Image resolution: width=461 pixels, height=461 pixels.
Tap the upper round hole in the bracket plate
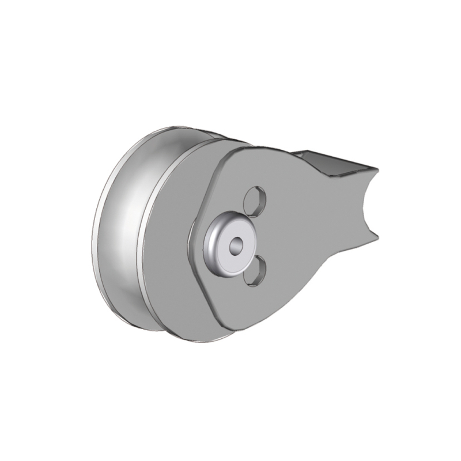254,201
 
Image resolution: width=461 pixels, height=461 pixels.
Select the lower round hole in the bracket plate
254,271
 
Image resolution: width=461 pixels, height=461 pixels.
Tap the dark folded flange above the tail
323,161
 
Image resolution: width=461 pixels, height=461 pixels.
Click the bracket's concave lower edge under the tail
323,271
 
